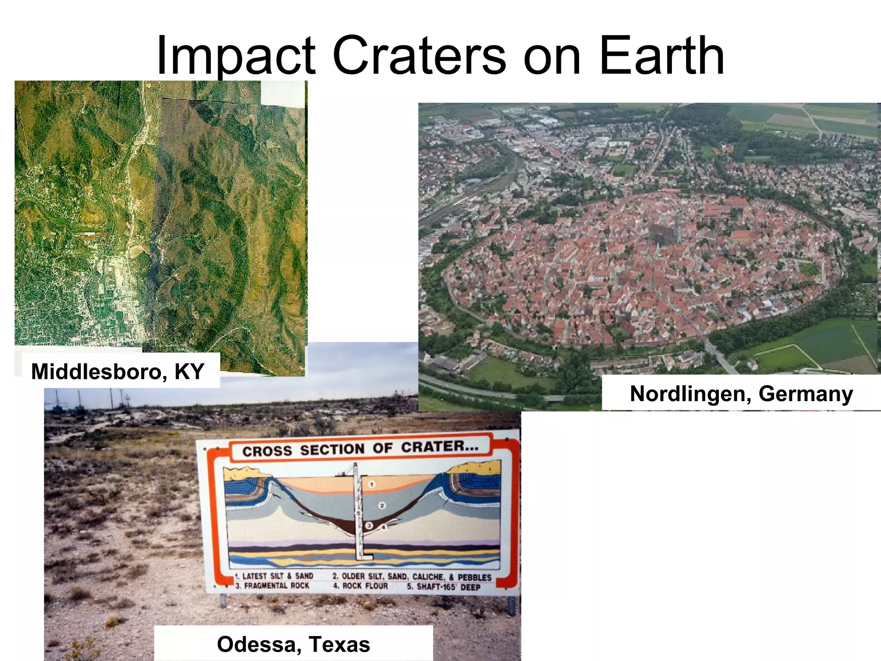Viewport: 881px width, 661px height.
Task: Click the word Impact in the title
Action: tap(236, 56)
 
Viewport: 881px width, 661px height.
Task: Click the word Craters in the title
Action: tap(419, 56)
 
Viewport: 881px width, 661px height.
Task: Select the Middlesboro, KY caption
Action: tap(117, 371)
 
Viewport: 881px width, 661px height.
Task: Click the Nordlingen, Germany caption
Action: tap(741, 394)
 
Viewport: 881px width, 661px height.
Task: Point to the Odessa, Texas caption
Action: tap(293, 644)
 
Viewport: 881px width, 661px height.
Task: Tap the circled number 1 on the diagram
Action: tap(372, 485)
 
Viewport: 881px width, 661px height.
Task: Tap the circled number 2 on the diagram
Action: tap(382, 506)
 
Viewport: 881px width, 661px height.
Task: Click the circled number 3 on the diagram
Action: tap(369, 526)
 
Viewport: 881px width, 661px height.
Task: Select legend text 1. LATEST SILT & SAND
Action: tap(274, 576)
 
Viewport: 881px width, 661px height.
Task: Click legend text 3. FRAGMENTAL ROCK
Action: tap(272, 586)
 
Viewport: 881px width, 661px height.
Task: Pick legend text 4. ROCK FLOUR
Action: tap(360, 586)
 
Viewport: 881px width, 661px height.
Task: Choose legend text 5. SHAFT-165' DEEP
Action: tap(444, 587)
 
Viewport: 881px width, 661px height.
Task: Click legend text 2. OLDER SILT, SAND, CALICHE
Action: tap(412, 577)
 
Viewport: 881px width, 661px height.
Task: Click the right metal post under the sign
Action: tap(511, 605)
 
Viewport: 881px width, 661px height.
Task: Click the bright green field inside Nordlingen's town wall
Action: tap(808, 269)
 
